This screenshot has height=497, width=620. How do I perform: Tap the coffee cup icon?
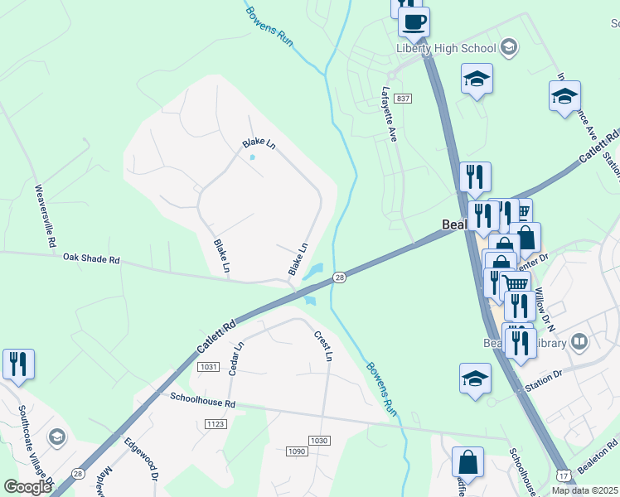pos(414,21)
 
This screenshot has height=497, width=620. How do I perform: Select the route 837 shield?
pos(403,99)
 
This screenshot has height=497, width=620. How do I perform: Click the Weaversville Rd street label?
pos(43,216)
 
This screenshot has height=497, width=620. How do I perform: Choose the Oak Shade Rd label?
pos(91,258)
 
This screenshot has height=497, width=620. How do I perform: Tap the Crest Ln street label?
pos(322,346)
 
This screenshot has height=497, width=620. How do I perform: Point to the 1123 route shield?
pos(216,423)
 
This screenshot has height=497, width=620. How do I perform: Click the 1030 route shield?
pos(319,440)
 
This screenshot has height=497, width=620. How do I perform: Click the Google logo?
pos(27,488)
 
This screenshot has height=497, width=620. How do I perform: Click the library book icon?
pos(579,340)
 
